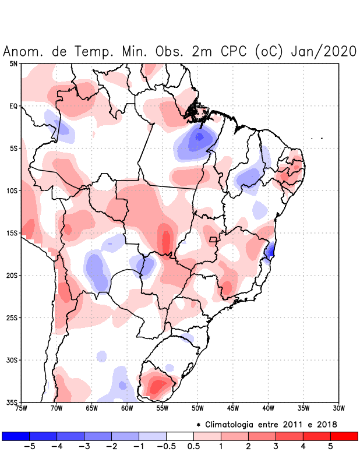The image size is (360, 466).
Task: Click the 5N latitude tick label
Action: [x=13, y=63]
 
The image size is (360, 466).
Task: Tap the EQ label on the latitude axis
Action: [x=13, y=106]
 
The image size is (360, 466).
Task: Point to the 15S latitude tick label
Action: [x=12, y=233]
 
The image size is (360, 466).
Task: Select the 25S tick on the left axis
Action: [x=12, y=317]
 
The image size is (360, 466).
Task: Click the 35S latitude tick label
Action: [x=12, y=402]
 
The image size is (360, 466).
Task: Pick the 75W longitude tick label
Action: [x=21, y=408]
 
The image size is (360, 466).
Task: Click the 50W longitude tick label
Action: [x=197, y=408]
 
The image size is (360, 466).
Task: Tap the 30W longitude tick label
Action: [x=338, y=408]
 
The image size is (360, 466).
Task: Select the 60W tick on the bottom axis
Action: [x=127, y=408]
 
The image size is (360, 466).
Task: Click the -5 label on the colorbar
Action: [x=29, y=447]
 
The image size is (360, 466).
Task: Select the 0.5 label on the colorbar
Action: [x=194, y=447]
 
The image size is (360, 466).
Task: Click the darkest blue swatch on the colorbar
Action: [x=16, y=436]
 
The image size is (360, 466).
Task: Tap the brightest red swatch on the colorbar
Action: [x=344, y=436]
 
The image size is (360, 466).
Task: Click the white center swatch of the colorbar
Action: [x=180, y=436]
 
